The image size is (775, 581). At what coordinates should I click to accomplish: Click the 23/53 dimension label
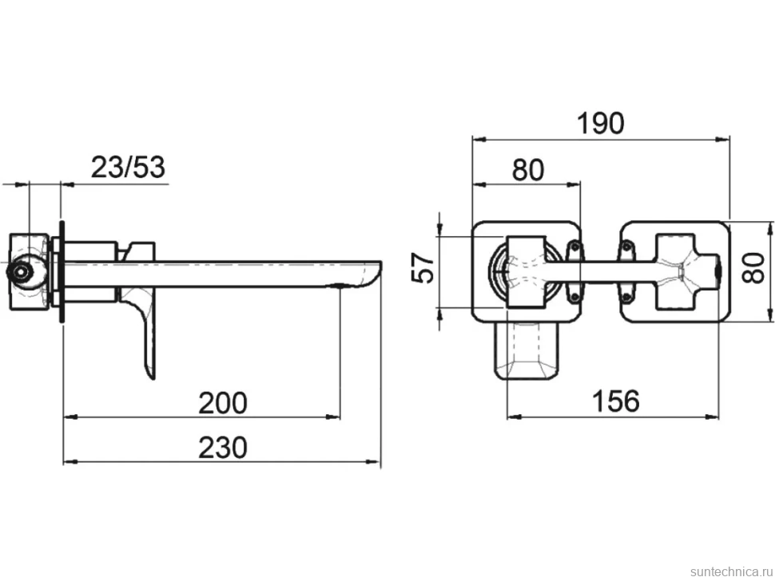tap(128, 167)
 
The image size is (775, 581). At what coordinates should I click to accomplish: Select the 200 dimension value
tap(222, 403)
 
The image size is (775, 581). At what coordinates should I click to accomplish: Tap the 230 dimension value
tap(222, 448)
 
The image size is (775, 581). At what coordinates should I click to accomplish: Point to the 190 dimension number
tap(601, 123)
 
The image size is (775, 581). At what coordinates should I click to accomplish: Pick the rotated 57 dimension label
tap(423, 267)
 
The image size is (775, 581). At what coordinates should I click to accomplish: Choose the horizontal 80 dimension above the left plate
tap(528, 169)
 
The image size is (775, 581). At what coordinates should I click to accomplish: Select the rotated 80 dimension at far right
tap(754, 267)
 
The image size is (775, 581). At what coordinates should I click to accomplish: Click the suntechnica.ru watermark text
tap(732, 571)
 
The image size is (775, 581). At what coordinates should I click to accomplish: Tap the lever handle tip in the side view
tap(151, 376)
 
